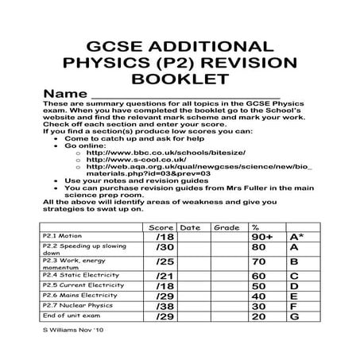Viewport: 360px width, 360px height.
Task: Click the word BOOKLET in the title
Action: (180, 79)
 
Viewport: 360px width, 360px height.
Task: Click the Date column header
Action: (192, 226)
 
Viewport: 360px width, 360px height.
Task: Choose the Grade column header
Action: (227, 226)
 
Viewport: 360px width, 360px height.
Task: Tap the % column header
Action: (257, 226)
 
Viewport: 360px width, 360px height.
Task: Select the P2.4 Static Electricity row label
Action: (72, 275)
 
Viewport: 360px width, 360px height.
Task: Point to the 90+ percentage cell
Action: (264, 237)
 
